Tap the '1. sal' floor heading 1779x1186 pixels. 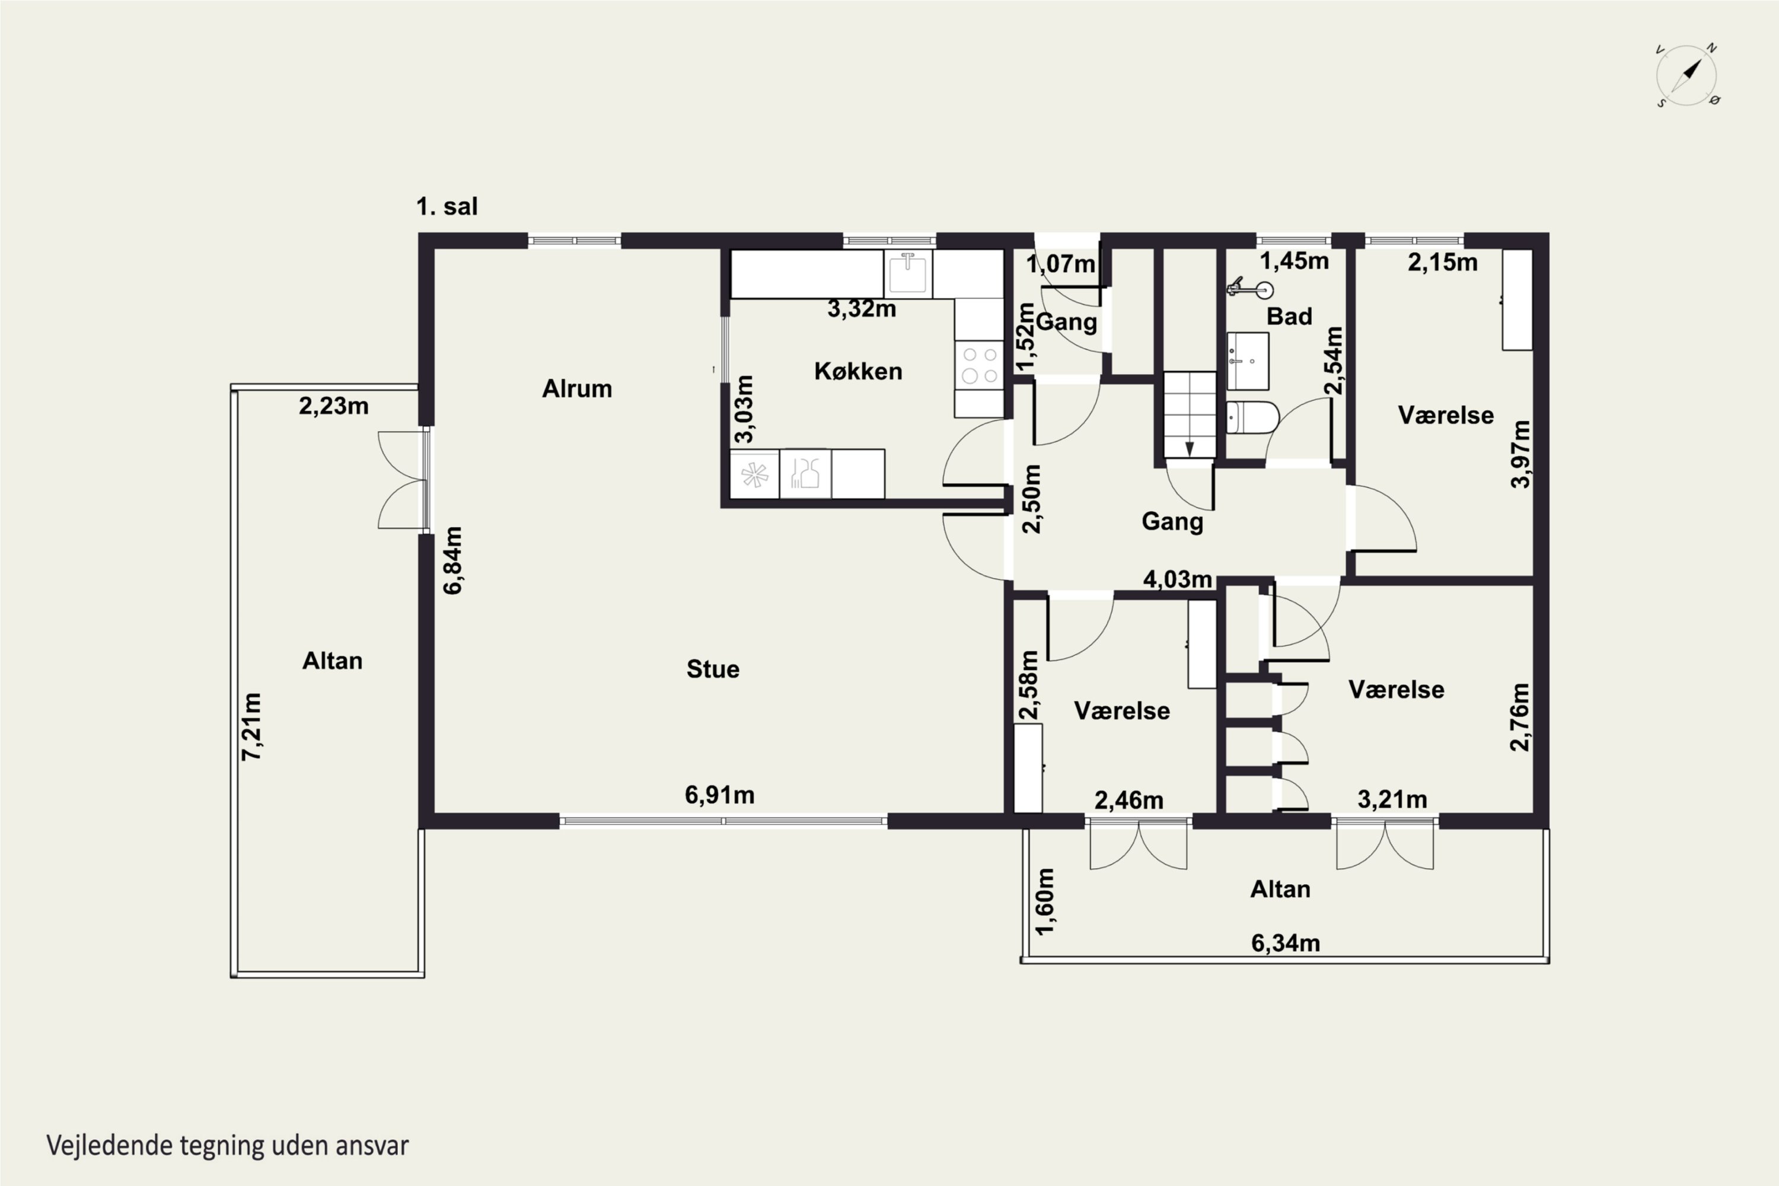(447, 206)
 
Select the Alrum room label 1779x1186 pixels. (577, 389)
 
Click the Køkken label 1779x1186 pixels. (859, 371)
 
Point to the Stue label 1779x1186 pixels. (713, 669)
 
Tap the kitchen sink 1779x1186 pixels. (908, 273)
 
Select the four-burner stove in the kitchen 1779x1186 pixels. (979, 365)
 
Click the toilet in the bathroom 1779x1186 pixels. (1252, 417)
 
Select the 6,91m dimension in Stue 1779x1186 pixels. (719, 795)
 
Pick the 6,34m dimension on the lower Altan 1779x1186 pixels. (1285, 943)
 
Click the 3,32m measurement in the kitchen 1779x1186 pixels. (862, 308)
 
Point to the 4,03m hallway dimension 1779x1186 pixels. (1178, 579)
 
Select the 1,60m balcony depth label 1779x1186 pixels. (1044, 901)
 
